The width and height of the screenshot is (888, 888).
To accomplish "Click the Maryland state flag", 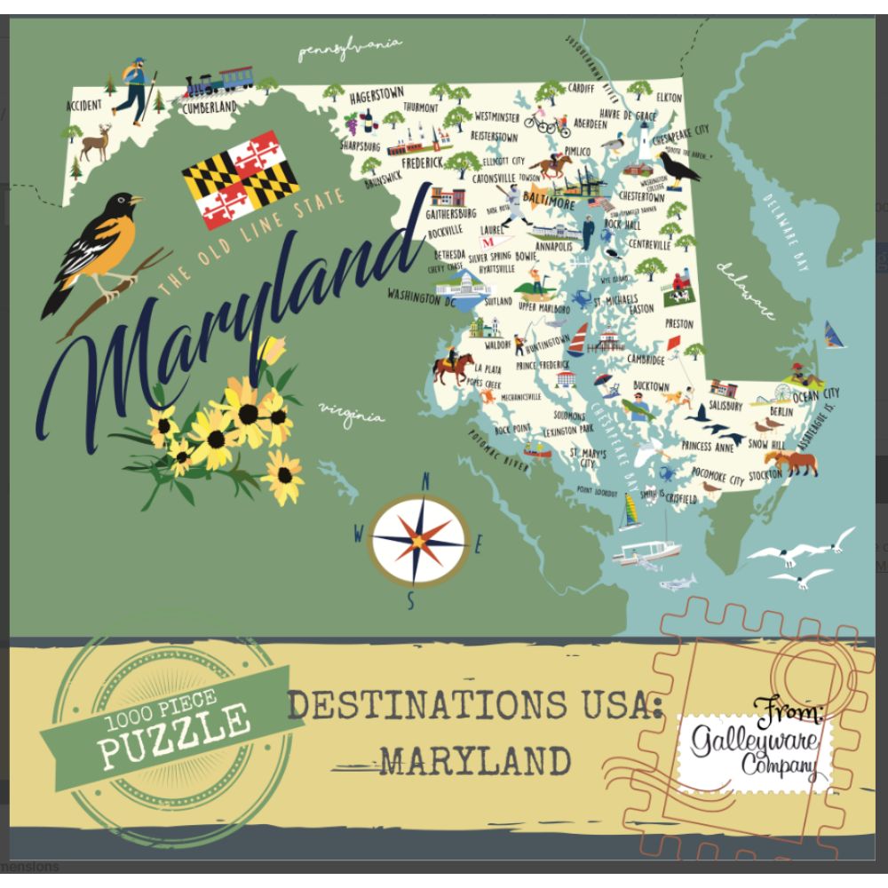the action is click(x=240, y=180).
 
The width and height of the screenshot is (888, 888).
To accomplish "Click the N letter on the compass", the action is click(x=424, y=482).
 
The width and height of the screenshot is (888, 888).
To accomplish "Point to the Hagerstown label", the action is click(x=377, y=93).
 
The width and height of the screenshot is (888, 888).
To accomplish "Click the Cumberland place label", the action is click(x=209, y=107).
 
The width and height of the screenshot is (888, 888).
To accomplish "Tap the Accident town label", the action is click(x=83, y=106).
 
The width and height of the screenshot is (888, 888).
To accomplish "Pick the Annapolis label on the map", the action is click(x=554, y=247).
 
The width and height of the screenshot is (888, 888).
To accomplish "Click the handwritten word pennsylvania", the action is click(x=349, y=50).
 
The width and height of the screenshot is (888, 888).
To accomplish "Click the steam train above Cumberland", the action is click(x=218, y=83).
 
